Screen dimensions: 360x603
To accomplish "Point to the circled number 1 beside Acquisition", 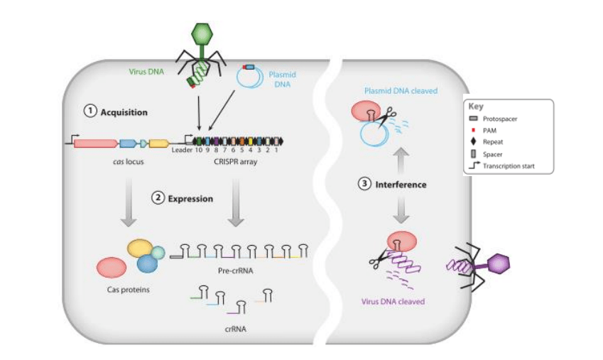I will [x=90, y=111].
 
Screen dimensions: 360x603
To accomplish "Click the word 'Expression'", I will [x=190, y=199].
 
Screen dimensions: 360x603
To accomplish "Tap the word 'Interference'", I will [x=401, y=185].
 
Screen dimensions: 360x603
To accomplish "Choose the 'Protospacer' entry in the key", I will [x=502, y=119].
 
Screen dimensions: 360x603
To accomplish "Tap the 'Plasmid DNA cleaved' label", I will [x=401, y=91].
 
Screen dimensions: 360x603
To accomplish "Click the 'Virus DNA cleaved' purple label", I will [x=393, y=302].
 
